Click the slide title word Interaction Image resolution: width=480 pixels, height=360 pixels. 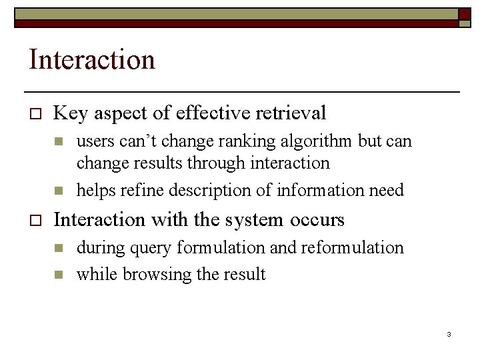[x=92, y=60]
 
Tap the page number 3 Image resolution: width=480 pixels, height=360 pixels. [x=449, y=334]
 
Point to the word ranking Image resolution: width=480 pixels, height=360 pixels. [x=217, y=142]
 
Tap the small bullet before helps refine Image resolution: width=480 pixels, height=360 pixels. [x=58, y=191]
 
